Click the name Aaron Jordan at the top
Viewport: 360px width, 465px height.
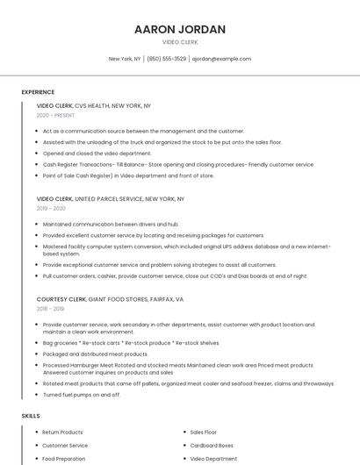click(x=180, y=29)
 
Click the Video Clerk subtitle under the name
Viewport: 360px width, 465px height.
click(x=180, y=42)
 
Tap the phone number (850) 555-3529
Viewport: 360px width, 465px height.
click(x=166, y=59)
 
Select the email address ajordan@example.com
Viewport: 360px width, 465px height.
click(x=221, y=59)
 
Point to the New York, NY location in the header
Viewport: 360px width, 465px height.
click(x=125, y=59)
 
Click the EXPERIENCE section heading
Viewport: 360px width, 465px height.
click(x=38, y=92)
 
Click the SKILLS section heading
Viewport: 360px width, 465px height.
click(x=31, y=415)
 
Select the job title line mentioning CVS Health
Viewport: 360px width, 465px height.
click(x=94, y=106)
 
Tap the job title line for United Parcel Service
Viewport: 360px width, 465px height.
click(x=111, y=199)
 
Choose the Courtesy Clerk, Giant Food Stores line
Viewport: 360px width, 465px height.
click(x=110, y=299)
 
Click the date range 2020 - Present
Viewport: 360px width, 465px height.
click(x=55, y=116)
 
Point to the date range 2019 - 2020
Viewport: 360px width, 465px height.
click(x=51, y=209)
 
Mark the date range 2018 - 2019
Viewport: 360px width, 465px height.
click(x=51, y=309)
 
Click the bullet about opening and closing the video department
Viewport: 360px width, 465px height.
click(x=97, y=153)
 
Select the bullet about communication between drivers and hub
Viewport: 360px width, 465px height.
click(x=111, y=224)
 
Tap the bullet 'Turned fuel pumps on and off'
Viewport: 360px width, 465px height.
click(x=82, y=395)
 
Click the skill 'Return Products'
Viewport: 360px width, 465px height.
click(x=62, y=433)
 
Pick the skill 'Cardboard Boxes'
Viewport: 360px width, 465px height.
click(x=212, y=446)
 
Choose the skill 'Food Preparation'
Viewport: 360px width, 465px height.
click(x=64, y=458)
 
